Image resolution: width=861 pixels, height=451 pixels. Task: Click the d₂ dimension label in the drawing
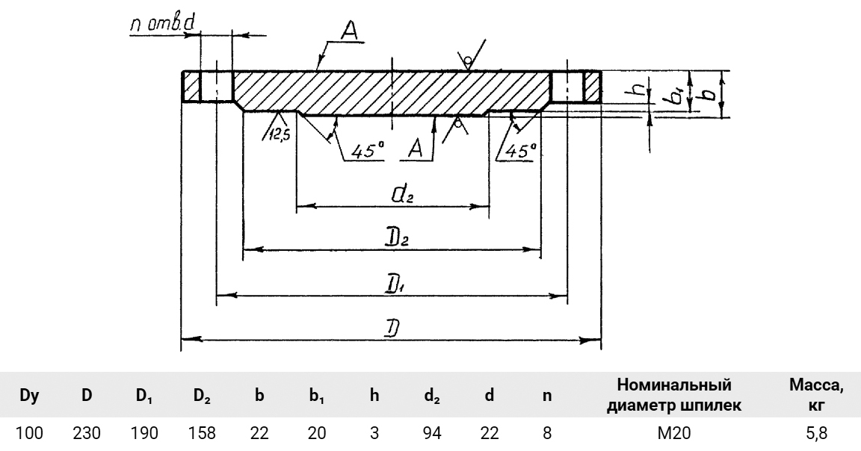pos(402,196)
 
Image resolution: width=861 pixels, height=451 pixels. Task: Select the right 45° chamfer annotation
pos(521,149)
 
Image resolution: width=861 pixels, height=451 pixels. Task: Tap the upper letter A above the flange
pos(349,31)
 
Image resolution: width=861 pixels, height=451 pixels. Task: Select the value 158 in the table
pos(201,433)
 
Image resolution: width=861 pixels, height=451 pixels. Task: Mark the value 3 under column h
pos(374,433)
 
